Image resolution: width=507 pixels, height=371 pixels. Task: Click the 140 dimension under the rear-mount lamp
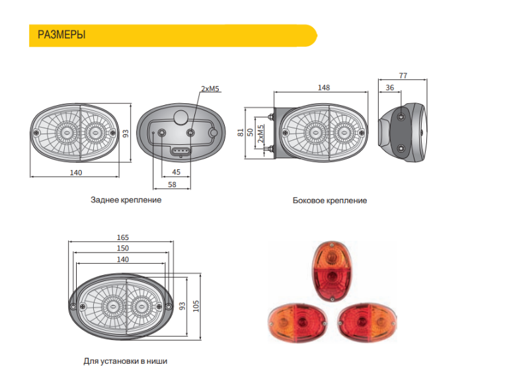pos(75,172)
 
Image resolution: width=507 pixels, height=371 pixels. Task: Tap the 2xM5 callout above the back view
pos(210,88)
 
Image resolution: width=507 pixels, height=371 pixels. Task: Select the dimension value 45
pos(176,172)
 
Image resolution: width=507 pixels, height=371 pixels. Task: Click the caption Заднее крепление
pos(126,199)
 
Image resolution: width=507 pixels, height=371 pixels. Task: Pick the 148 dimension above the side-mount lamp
pos(323,88)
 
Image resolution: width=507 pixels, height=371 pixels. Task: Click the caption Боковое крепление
pos(329,200)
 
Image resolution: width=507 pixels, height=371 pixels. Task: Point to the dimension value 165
pos(122,237)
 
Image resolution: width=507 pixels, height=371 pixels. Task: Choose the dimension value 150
pos(122,248)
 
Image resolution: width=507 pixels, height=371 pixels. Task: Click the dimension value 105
pos(196,304)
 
